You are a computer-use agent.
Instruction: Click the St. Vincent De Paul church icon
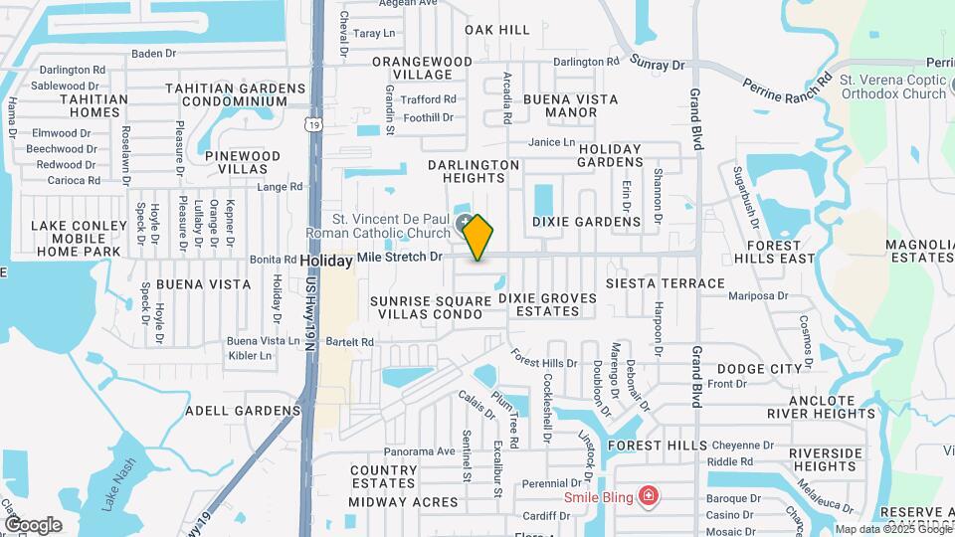pos(465,223)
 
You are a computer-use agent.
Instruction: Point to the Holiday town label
pos(326,261)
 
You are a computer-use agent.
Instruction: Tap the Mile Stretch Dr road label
pos(399,257)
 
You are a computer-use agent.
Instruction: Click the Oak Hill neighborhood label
pos(497,30)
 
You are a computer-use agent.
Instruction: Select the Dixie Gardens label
pos(586,222)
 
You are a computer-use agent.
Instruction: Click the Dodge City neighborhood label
pos(759,368)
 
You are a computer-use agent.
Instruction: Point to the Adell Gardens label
pos(243,410)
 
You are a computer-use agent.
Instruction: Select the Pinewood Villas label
pos(243,163)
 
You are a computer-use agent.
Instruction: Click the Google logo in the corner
pos(33,524)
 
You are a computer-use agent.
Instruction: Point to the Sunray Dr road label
pos(658,64)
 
